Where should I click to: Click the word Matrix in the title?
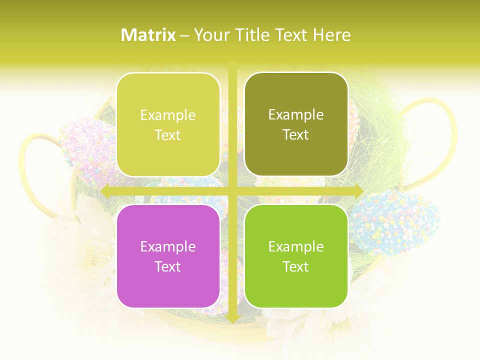click(148, 35)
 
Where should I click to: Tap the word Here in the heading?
click(331, 35)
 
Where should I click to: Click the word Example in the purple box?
click(168, 246)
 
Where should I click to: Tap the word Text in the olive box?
click(296, 134)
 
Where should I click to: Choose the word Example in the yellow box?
click(168, 115)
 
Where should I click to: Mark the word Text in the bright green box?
click(296, 266)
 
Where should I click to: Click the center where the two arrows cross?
click(232, 191)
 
